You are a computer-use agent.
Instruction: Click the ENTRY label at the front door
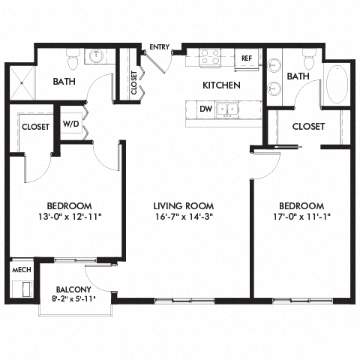pyautogui.click(x=159, y=47)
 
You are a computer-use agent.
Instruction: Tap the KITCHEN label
pyautogui.click(x=221, y=85)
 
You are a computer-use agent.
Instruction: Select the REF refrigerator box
pyautogui.click(x=246, y=58)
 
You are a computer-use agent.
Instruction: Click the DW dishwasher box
pyautogui.click(x=205, y=109)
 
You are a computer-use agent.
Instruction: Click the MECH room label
pyautogui.click(x=19, y=268)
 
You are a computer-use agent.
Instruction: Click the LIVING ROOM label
pyautogui.click(x=184, y=205)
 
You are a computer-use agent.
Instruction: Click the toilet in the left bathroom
pyautogui.click(x=73, y=57)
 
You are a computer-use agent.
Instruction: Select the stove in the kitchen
pyautogui.click(x=209, y=57)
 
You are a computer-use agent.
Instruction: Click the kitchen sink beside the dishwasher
pyautogui.click(x=229, y=109)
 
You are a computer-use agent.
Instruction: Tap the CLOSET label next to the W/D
pyautogui.click(x=35, y=127)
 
